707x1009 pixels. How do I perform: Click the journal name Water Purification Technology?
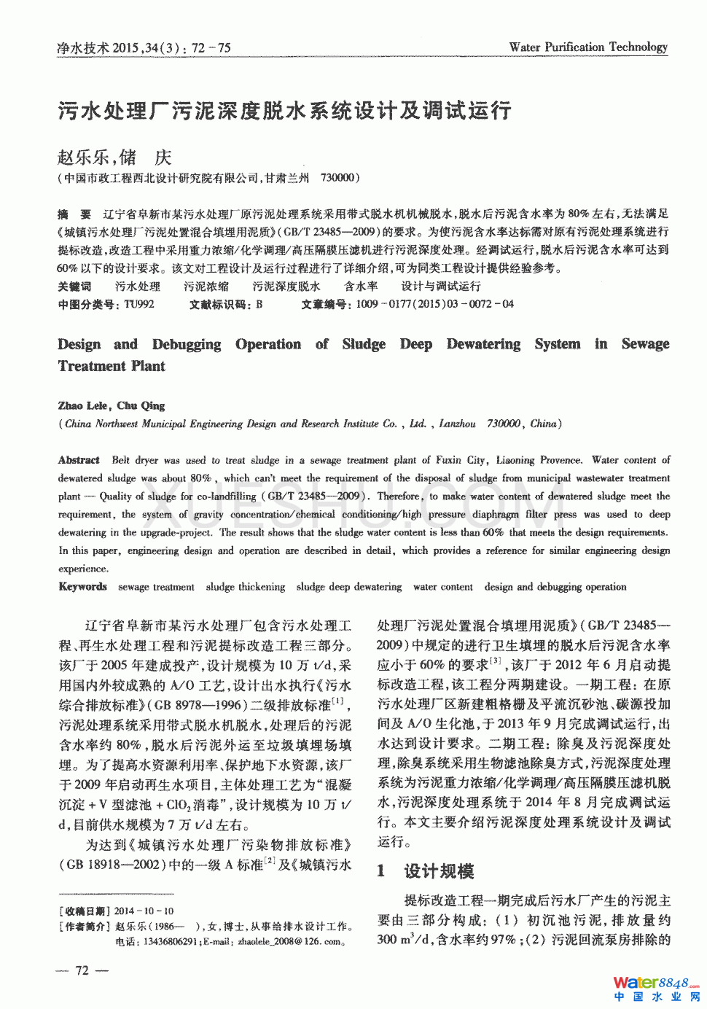click(x=588, y=47)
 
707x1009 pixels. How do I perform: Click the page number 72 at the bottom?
click(x=82, y=970)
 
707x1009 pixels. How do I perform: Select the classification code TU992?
click(x=138, y=304)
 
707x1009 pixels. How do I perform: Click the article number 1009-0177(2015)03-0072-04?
click(x=434, y=304)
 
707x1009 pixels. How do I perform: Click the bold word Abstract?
click(x=79, y=460)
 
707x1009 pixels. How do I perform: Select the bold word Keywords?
click(x=82, y=586)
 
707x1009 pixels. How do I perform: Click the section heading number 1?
click(x=381, y=870)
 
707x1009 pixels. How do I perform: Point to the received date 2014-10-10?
click(x=144, y=911)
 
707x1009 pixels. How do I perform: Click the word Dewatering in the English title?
click(x=483, y=344)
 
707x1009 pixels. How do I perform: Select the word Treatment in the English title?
click(x=89, y=366)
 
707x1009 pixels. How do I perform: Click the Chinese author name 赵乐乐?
click(x=82, y=157)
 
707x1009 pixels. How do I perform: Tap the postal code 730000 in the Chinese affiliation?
click(x=337, y=178)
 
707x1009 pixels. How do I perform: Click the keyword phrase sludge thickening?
click(x=245, y=586)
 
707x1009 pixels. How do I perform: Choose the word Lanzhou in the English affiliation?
click(x=457, y=424)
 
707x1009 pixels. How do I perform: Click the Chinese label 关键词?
click(x=74, y=287)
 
